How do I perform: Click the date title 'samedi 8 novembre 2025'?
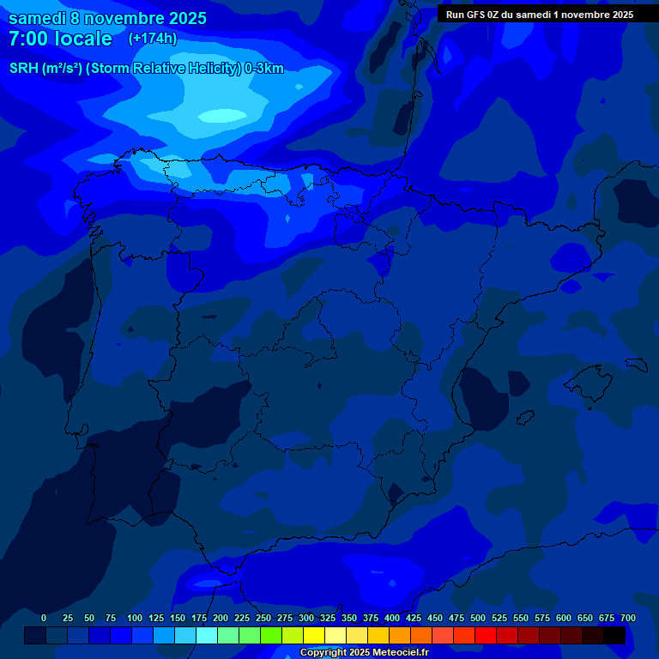click(107, 18)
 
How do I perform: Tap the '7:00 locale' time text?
click(60, 39)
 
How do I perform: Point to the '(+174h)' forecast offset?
click(152, 39)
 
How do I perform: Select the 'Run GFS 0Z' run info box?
click(540, 14)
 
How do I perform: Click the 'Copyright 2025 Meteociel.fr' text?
click(364, 653)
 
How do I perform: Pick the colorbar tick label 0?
click(44, 618)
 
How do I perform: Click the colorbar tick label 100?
click(135, 618)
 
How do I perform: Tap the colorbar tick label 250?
click(263, 618)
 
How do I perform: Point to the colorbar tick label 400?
click(392, 618)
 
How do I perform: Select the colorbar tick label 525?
click(499, 618)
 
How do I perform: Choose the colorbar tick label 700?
click(628, 618)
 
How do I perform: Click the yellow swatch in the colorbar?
click(314, 635)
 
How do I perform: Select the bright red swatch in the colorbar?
click(486, 635)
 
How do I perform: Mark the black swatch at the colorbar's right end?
click(614, 635)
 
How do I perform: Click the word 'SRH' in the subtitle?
click(24, 69)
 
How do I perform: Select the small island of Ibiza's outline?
click(524, 419)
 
